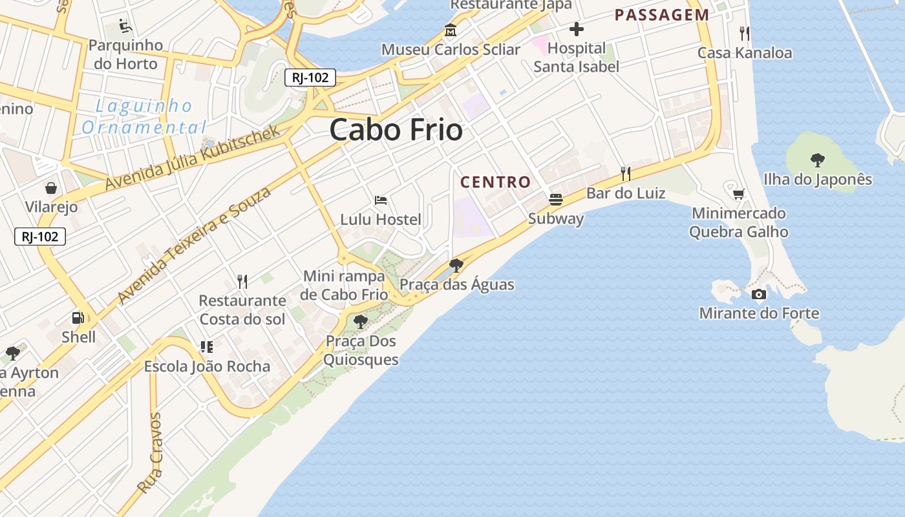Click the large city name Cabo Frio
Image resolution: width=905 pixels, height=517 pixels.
point(396,131)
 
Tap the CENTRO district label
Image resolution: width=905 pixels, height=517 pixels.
point(495,182)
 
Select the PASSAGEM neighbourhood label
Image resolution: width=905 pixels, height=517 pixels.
point(661,15)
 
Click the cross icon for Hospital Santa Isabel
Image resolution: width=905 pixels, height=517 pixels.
point(576,29)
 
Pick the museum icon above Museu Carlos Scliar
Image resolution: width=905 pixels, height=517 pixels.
point(450,30)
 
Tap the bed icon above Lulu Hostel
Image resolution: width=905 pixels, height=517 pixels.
point(381,200)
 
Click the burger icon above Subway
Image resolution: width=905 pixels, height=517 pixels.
point(556,199)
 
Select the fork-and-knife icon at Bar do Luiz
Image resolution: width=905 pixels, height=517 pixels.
point(625,173)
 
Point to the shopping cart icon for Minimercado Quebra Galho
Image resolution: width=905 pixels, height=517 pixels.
point(738,194)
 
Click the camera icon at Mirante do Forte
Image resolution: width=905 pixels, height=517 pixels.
point(759,295)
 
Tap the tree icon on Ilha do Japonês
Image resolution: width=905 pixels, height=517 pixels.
point(817,160)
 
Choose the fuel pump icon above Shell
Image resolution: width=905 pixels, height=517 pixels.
point(78,318)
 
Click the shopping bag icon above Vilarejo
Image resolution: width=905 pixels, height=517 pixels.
point(51,188)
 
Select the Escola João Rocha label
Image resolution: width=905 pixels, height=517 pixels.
point(207,366)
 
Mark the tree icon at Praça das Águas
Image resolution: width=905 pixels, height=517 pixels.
point(456,265)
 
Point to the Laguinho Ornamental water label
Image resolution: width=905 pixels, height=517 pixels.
point(144,116)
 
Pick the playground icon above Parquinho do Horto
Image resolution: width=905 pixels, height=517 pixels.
point(125,26)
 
